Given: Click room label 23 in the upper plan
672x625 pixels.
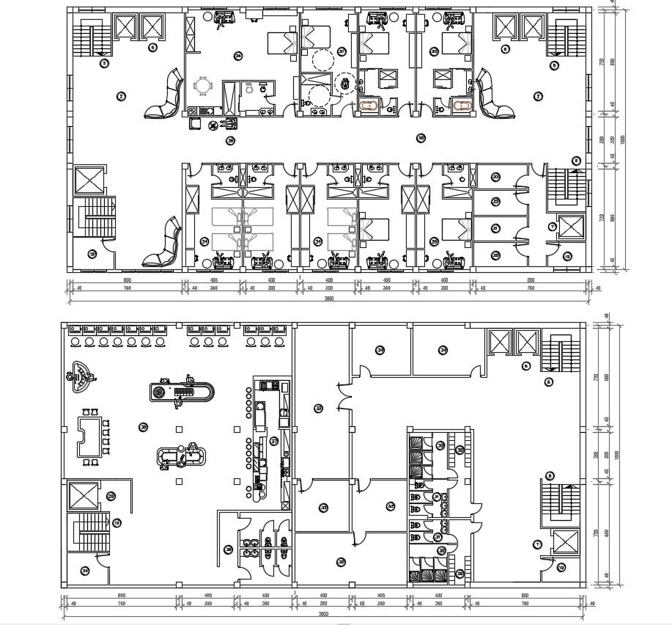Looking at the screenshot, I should tap(496, 177).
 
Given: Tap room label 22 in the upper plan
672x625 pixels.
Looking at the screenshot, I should tap(496, 202).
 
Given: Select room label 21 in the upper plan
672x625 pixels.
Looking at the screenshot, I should tap(496, 228).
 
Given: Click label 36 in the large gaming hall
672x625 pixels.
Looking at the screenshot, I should tap(144, 426).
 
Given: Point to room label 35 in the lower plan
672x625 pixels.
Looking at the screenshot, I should tap(319, 408).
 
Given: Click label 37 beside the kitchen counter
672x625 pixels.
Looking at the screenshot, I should tap(274, 442).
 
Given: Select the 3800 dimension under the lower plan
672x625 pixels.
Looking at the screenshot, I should tap(323, 614).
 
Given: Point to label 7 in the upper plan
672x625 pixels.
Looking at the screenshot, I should tap(553, 226).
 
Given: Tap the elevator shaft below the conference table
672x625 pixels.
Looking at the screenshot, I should tap(84, 496).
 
